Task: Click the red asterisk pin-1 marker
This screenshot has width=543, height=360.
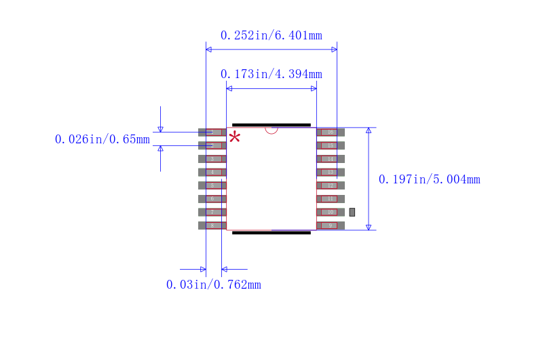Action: (234, 138)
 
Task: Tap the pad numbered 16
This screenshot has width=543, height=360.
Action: (331, 132)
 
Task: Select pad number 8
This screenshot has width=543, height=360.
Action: (212, 226)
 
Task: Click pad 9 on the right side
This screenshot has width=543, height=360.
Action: (331, 226)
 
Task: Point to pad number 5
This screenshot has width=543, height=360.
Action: (212, 185)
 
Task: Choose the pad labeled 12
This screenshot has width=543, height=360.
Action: (331, 185)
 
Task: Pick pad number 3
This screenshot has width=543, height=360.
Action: (212, 159)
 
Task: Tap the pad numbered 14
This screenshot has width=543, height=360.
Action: (331, 159)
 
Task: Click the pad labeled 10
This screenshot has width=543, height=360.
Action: (331, 212)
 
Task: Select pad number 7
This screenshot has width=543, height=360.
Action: (212, 212)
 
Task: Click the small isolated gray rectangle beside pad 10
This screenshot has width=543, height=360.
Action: (352, 212)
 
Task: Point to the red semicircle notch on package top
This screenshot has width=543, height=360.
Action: (271, 130)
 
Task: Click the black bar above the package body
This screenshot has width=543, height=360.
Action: (271, 125)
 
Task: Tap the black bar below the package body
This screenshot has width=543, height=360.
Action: (271, 233)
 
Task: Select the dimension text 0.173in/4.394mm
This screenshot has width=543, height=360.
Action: (271, 74)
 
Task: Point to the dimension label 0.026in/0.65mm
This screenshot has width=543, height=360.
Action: (102, 139)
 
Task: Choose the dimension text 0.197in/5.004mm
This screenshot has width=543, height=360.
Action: (429, 179)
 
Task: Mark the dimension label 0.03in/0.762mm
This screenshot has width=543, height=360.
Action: (213, 285)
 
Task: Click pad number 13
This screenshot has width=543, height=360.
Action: (331, 173)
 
